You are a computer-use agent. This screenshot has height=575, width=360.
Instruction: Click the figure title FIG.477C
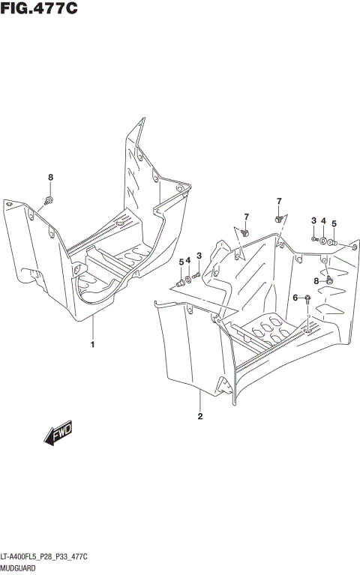tap(39, 8)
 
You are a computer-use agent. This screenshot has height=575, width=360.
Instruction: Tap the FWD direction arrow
tap(56, 436)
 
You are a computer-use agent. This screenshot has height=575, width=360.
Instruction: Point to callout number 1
tap(92, 346)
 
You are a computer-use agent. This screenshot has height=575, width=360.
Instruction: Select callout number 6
tap(295, 298)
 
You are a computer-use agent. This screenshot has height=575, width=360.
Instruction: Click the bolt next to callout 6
tap(307, 298)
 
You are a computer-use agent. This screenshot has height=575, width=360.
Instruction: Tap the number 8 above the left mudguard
tap(51, 177)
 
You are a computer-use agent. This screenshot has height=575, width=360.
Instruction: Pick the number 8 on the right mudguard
tap(316, 280)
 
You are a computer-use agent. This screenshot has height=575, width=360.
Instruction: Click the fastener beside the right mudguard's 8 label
tap(328, 280)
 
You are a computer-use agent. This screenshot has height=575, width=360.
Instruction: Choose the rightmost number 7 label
tap(278, 201)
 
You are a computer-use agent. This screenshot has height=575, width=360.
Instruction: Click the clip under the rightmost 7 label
tap(278, 218)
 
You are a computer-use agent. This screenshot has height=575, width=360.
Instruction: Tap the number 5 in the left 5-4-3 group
tap(181, 261)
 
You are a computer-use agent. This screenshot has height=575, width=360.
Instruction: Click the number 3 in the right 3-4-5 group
tap(313, 220)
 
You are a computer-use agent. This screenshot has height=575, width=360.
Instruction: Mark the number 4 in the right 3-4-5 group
tap(323, 221)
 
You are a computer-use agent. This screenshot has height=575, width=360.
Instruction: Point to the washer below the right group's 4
tap(323, 241)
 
